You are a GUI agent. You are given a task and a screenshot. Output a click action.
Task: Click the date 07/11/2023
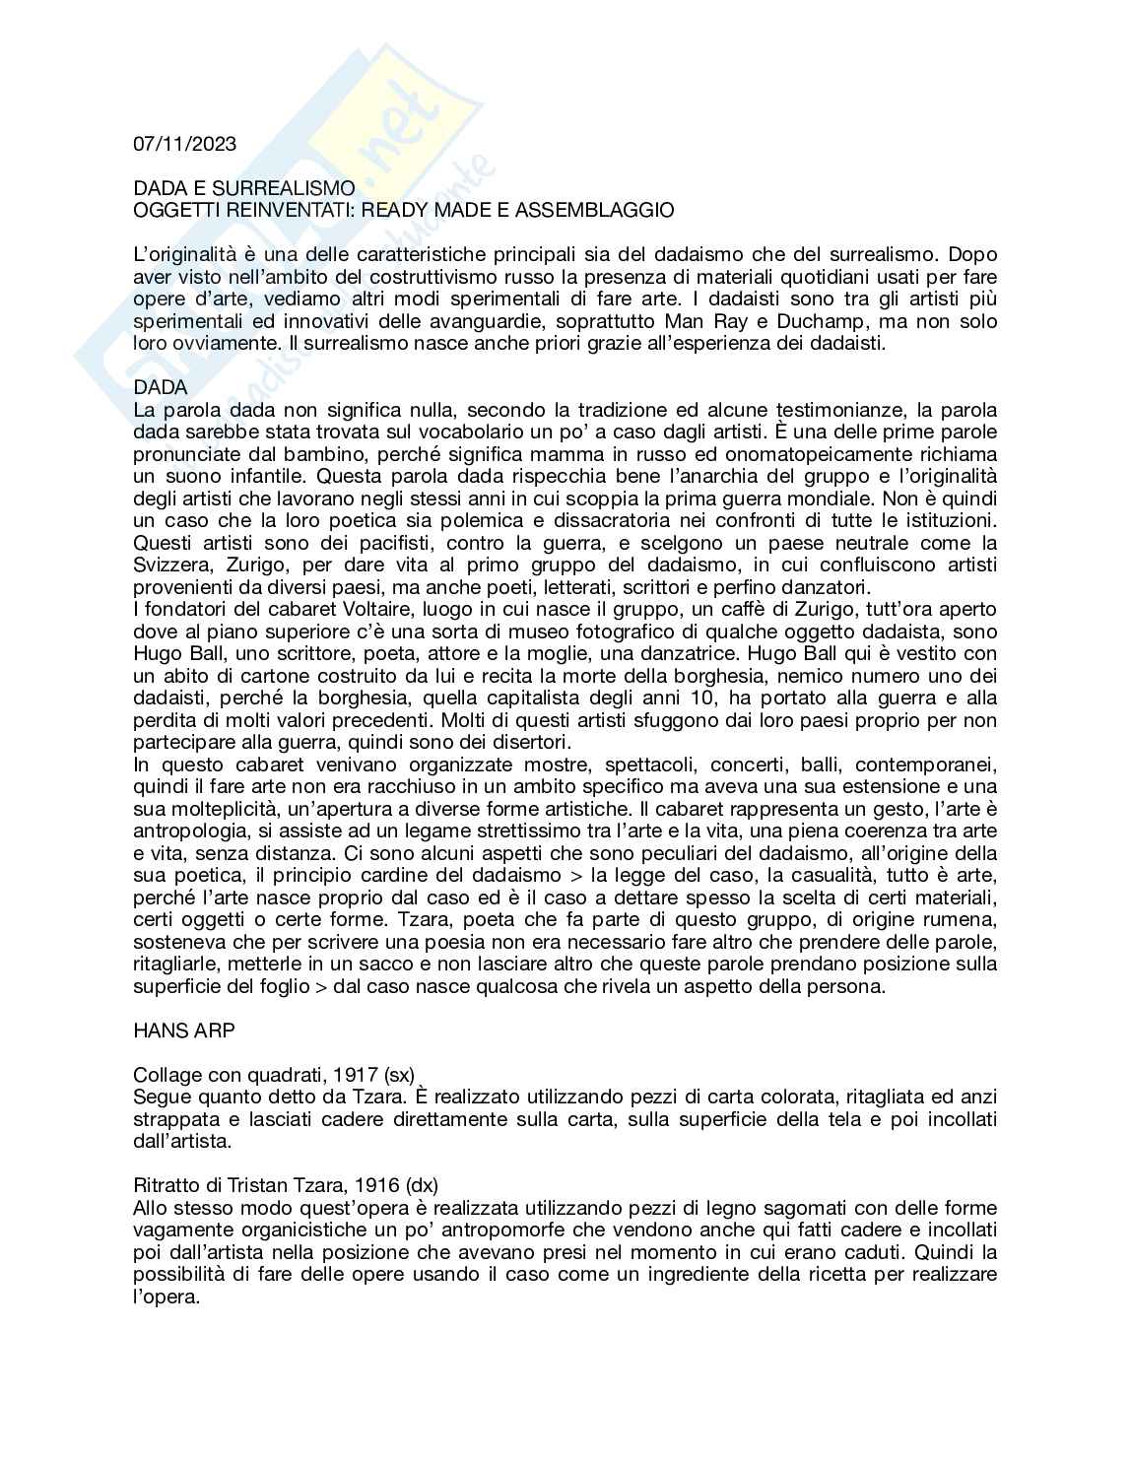pos(185,144)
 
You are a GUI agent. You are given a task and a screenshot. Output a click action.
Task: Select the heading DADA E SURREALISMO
pos(244,188)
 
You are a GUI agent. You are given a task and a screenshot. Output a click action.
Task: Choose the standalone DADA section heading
pos(161,387)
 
